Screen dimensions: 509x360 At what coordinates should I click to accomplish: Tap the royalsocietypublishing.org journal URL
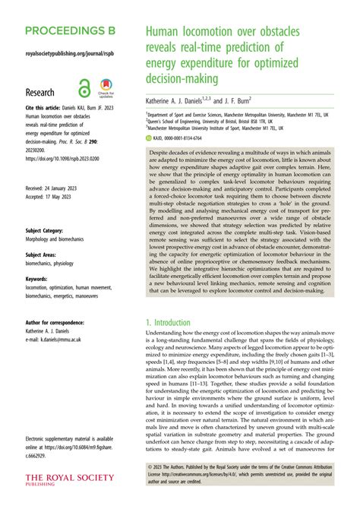pyautogui.click(x=66, y=55)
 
